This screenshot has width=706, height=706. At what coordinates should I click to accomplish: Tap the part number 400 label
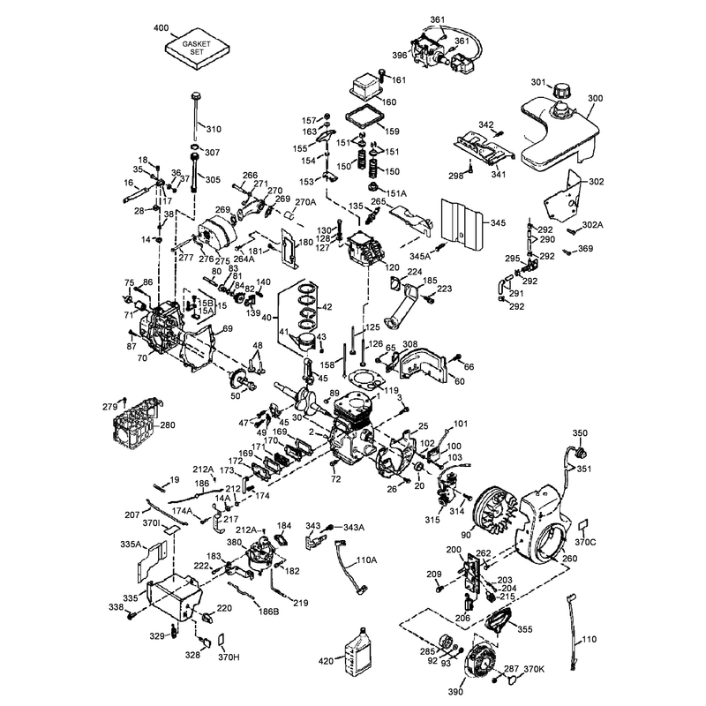[161, 28]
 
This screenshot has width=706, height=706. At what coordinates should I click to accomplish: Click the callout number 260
[569, 559]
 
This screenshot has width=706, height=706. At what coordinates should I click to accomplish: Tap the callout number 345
[498, 223]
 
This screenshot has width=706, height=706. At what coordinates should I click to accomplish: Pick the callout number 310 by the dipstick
[214, 129]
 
